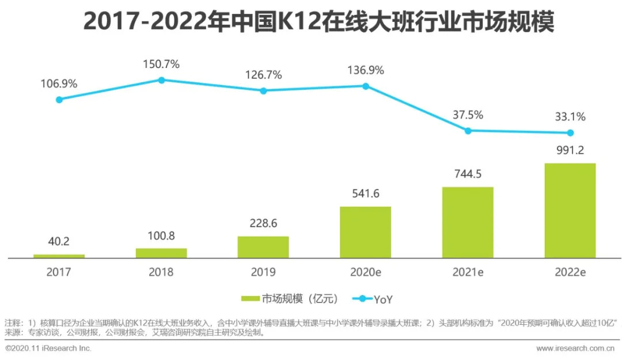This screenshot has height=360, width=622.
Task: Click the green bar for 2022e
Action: (570, 210)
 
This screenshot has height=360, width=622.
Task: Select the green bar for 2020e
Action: (365, 232)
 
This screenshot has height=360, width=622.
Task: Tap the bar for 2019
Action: (263, 247)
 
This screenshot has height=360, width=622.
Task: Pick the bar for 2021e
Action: (468, 222)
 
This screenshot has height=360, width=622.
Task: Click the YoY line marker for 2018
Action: (161, 80)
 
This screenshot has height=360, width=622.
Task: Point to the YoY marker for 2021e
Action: (468, 131)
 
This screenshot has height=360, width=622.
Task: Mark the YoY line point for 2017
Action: (59, 99)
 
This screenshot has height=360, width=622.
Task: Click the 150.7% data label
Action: (161, 64)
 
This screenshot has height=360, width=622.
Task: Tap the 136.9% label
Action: (365, 70)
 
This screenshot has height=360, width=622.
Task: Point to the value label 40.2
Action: (59, 241)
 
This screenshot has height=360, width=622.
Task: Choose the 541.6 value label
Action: (365, 194)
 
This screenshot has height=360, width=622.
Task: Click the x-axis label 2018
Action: (161, 272)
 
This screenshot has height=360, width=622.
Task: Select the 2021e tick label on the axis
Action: (468, 272)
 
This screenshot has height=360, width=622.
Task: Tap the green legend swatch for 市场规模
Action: (250, 298)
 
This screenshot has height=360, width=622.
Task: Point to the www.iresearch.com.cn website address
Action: (575, 348)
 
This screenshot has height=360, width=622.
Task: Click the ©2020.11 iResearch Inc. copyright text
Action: (48, 348)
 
